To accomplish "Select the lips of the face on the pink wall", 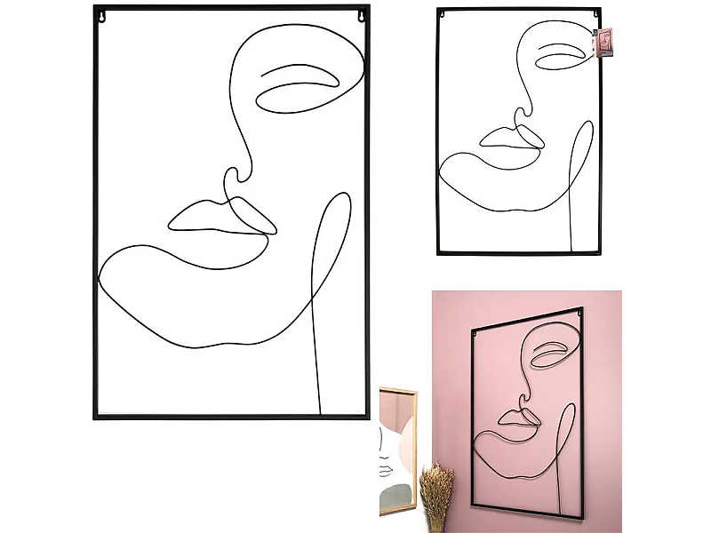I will tap(516, 416).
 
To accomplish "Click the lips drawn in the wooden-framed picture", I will tap(387, 468).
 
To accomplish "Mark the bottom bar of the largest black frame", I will tap(231, 416).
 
